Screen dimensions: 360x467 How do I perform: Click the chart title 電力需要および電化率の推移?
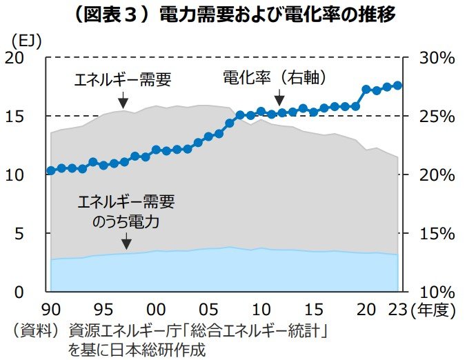click(234, 16)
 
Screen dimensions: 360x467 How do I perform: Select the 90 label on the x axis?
click(51, 308)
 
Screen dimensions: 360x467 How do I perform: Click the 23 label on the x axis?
click(397, 308)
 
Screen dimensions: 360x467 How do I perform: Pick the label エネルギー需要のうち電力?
click(126, 212)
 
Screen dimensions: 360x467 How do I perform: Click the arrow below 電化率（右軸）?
click(278, 101)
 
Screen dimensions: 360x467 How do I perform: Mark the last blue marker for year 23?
click(398, 85)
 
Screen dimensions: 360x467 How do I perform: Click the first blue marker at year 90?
click(51, 170)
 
